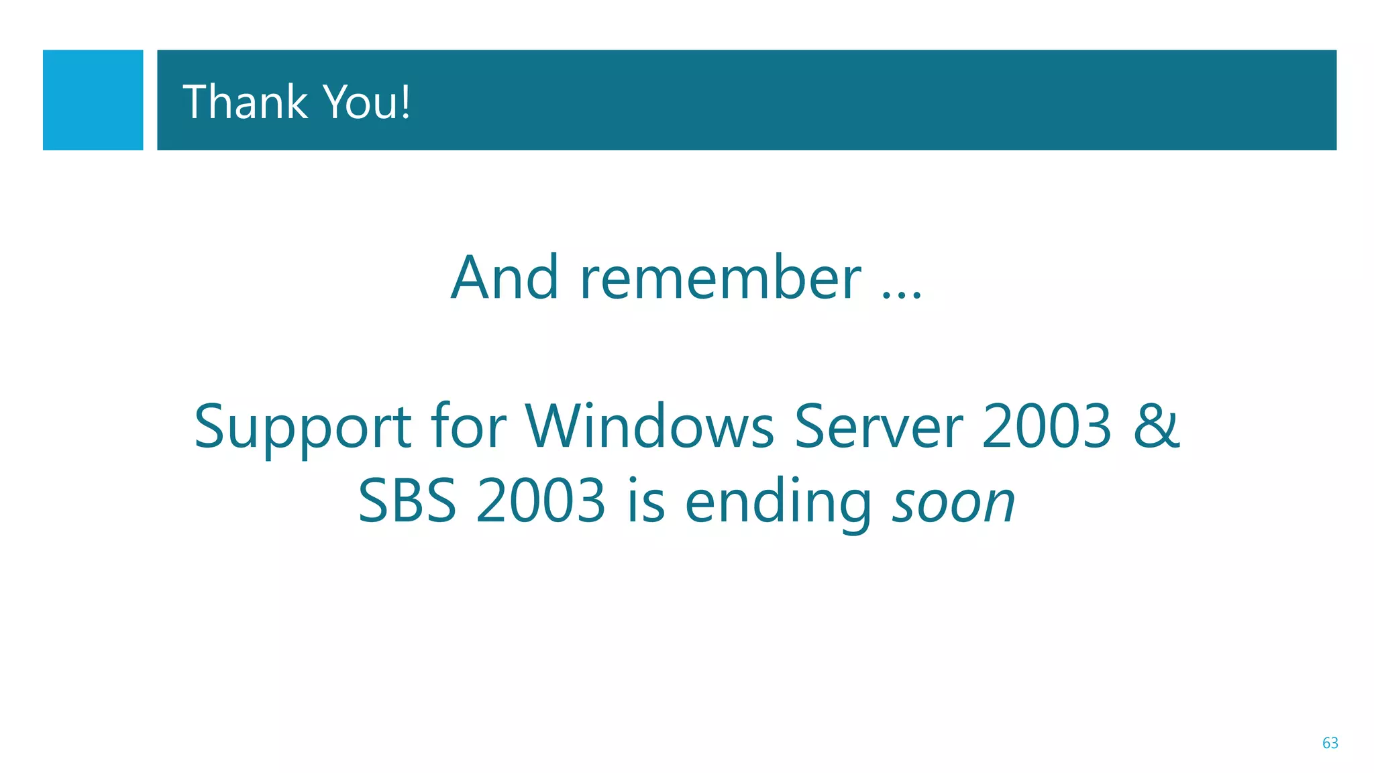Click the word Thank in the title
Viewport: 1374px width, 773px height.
(x=245, y=102)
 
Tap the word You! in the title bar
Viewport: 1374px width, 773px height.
(x=366, y=102)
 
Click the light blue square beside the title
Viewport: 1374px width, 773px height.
(x=93, y=100)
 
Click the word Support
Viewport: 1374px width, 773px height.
(x=303, y=427)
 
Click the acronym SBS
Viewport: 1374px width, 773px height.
(x=407, y=501)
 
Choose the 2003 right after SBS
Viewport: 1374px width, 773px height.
(x=541, y=501)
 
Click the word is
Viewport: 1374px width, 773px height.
(x=646, y=501)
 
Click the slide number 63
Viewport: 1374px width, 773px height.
(x=1330, y=743)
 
